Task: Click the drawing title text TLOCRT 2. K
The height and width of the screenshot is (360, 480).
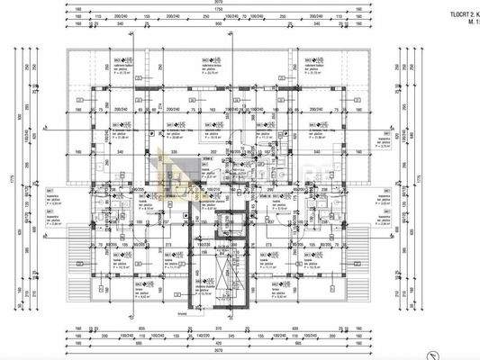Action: tap(458, 14)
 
